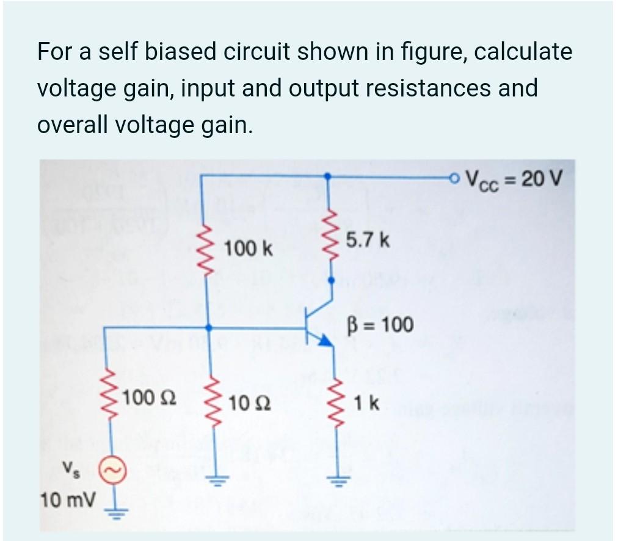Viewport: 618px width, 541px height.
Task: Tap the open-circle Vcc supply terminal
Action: (x=453, y=178)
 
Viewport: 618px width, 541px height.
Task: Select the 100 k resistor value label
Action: (x=249, y=249)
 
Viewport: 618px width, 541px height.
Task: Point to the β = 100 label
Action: (x=380, y=324)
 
